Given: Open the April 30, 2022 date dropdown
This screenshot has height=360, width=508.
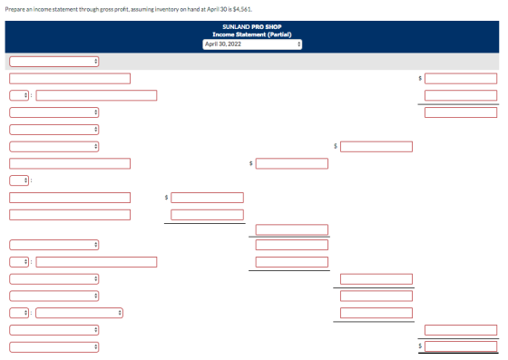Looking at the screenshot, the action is coord(252,44).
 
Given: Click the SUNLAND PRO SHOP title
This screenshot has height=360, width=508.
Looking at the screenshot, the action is coord(252,27).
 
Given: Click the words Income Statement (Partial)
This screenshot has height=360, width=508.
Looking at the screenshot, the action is coord(252,34).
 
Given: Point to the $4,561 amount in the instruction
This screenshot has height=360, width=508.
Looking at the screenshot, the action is coord(242,9).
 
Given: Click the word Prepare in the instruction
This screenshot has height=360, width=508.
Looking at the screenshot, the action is coord(15,9).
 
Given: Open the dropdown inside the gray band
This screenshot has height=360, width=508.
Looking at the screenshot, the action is coord(54,62).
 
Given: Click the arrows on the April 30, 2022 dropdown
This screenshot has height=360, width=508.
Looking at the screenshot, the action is coord(298,44).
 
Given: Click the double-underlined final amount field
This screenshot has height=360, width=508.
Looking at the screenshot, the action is coord(461,346).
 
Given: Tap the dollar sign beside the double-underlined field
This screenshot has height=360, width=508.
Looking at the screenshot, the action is coord(420,345).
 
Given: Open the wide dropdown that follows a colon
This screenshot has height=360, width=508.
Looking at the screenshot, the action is coord(79,313).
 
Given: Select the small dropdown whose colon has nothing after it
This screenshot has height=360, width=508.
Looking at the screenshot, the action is coord(19,180).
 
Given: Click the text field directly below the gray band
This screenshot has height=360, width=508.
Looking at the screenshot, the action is coord(70,78).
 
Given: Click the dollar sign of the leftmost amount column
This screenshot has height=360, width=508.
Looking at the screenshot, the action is coord(166,197).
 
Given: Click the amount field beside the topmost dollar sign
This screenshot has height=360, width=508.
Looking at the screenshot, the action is coord(461,78).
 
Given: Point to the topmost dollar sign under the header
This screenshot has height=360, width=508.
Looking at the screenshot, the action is coord(420,78).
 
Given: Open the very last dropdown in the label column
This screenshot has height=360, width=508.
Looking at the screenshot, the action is coord(54,347).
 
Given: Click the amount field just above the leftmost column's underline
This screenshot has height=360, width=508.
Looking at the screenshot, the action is coord(207,215).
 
